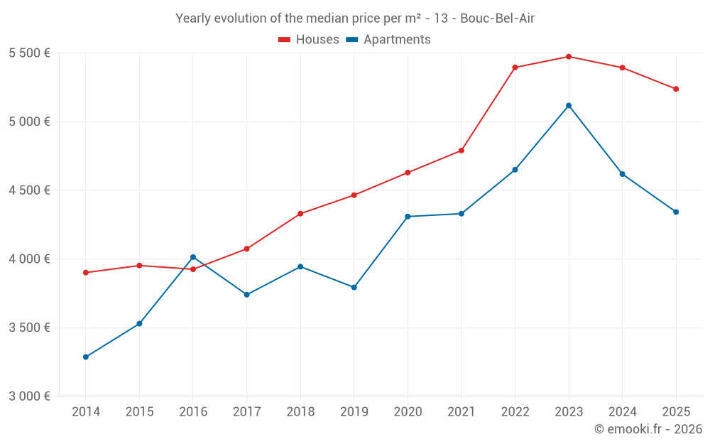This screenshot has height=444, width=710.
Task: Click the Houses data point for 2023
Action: tap(569, 56)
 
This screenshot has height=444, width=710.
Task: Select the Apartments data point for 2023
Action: tap(569, 106)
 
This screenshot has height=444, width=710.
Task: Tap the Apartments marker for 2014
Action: tap(86, 357)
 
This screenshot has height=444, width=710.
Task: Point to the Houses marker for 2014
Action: tap(86, 273)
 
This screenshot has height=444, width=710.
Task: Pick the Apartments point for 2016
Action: tap(193, 257)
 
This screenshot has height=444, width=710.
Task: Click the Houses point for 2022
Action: tap(515, 67)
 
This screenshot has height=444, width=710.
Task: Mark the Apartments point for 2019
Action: tap(354, 288)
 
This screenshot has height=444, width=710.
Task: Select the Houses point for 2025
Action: tap(676, 89)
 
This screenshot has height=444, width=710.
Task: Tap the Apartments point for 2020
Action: tap(408, 217)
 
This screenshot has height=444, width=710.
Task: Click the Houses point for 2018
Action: tap(300, 214)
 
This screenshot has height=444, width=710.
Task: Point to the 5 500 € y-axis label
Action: tap(29, 53)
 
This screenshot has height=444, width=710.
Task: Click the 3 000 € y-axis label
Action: tap(29, 396)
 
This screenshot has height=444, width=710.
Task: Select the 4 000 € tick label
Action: tap(29, 259)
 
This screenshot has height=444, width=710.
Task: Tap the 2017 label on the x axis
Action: tap(246, 412)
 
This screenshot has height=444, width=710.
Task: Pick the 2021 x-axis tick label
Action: tap(461, 412)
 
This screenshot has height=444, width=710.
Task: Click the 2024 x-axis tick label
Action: tap(622, 412)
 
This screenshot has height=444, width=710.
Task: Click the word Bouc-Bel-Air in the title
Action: tap(497, 18)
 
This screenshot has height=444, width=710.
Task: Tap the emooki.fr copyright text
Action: tap(648, 429)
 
